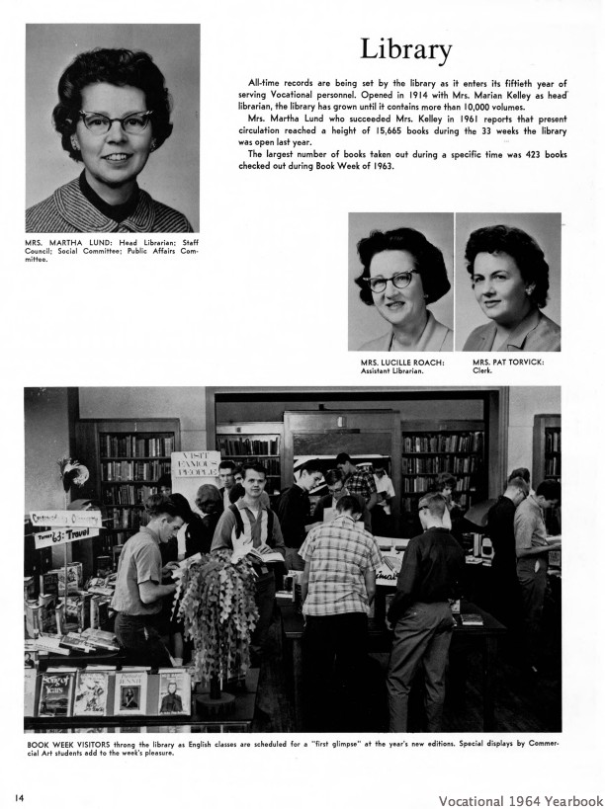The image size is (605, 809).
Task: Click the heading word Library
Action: (405, 48)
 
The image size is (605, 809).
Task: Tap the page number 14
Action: (19, 795)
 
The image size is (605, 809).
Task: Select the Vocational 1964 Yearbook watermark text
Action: (520, 800)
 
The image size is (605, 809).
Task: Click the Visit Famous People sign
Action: (195, 464)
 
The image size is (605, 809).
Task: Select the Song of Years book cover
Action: (56, 691)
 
